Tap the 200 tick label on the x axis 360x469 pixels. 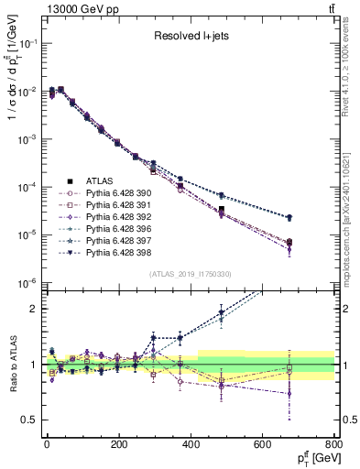click(x=119, y=443)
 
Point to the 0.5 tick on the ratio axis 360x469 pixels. click(x=27, y=420)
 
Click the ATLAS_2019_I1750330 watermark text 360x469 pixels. click(x=190, y=274)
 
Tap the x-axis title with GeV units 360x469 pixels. click(x=313, y=458)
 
